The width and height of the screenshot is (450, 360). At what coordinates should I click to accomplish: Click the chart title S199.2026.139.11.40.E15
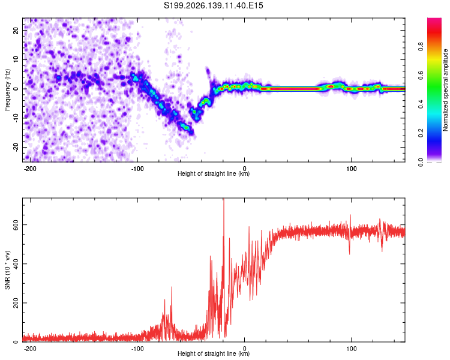click(x=213, y=5)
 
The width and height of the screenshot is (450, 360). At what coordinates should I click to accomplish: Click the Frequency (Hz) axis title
click(x=7, y=90)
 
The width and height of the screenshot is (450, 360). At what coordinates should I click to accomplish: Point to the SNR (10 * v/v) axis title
click(x=7, y=270)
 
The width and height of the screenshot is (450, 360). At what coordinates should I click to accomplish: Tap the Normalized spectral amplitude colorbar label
click(x=445, y=90)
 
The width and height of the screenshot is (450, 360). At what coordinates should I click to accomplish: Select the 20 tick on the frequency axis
click(x=16, y=30)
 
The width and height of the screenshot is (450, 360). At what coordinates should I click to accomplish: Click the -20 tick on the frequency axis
click(x=16, y=147)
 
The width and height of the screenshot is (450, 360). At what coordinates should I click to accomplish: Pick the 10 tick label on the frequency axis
click(x=16, y=59)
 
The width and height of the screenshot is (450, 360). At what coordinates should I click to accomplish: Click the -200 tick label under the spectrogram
click(x=30, y=169)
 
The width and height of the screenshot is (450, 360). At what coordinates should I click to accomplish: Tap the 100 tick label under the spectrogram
click(x=351, y=169)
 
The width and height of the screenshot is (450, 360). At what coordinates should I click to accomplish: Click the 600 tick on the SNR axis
click(x=16, y=225)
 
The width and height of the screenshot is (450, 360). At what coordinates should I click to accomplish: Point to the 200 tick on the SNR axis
click(x=16, y=303)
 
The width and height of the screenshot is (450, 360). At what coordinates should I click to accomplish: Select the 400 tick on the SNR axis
click(x=16, y=264)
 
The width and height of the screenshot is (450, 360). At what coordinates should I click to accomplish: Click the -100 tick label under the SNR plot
click(x=137, y=349)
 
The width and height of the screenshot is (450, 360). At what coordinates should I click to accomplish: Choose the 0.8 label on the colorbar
click(x=421, y=46)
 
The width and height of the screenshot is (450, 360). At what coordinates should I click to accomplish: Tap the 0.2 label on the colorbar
click(x=421, y=133)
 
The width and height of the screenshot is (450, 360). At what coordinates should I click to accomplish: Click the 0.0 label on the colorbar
click(x=421, y=162)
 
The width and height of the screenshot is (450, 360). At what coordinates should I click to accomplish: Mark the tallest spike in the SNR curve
click(x=224, y=199)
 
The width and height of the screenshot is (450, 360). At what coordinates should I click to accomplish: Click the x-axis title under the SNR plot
click(x=214, y=353)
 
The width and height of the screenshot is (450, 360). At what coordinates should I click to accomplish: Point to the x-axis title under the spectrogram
click(x=214, y=173)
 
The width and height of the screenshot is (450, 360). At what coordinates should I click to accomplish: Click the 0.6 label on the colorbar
click(x=421, y=76)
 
